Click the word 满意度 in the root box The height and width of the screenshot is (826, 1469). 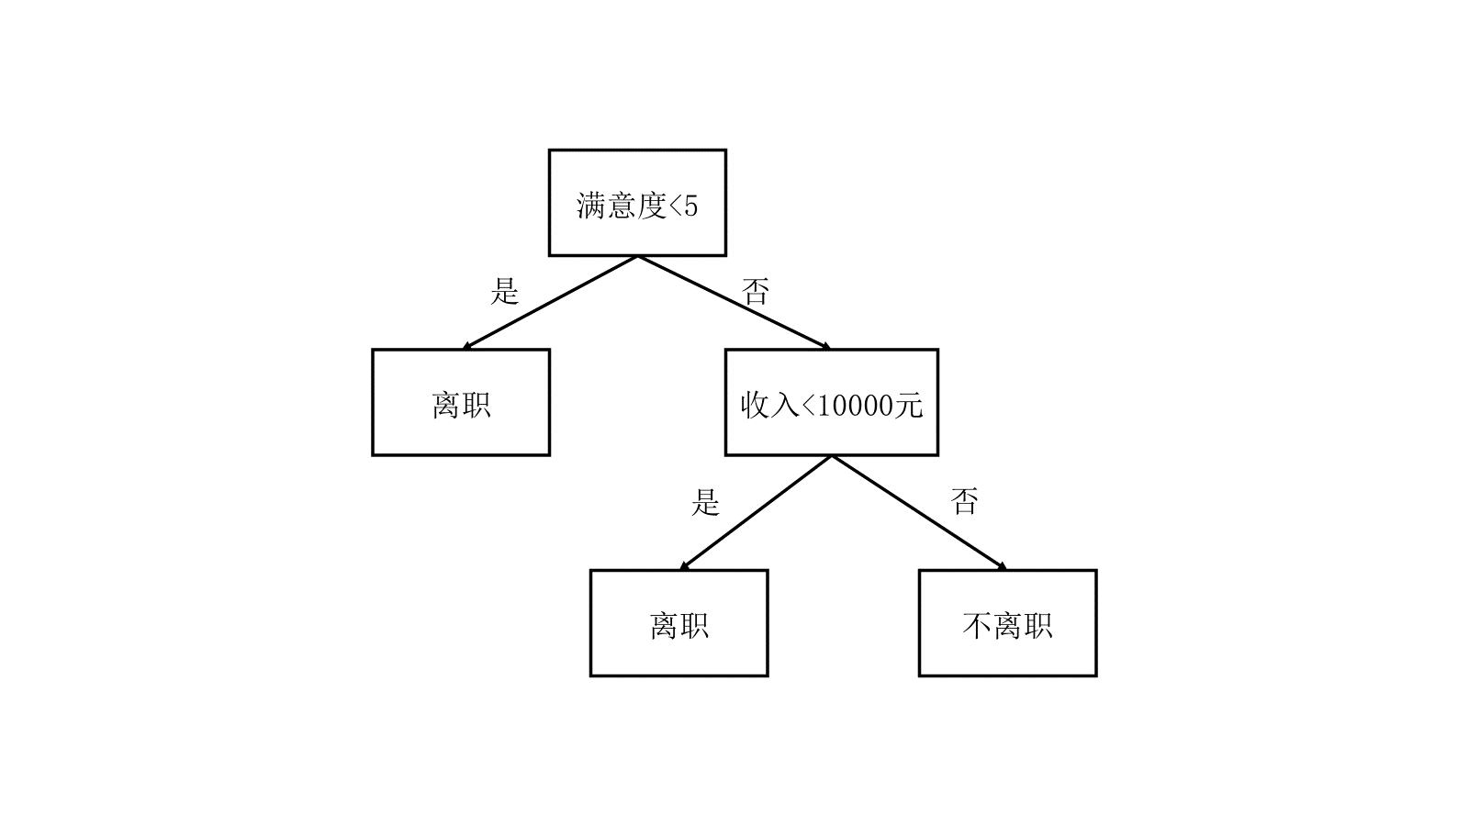point(621,206)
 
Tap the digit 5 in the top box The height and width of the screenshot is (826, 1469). point(690,206)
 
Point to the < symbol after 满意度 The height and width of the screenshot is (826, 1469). point(674,206)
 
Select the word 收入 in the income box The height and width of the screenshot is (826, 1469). point(769,404)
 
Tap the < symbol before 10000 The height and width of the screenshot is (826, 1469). point(808,405)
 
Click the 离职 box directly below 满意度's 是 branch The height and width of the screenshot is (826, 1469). point(461,402)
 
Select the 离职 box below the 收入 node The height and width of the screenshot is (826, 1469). point(678,623)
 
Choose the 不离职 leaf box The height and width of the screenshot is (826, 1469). point(1007,623)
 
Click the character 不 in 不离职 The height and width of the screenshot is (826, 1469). point(977,625)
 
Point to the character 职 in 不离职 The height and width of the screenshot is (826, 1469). point(1037,625)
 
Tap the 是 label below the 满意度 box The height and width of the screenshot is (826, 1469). point(505,291)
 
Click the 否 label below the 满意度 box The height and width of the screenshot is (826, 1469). point(756,291)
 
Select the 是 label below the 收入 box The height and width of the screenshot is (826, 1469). point(705,501)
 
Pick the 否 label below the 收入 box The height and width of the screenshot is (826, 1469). point(965,501)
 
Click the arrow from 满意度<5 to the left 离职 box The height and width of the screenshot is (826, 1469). point(551,302)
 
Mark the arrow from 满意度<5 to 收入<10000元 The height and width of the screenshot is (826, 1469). point(734,302)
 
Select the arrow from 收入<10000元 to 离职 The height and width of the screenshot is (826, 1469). point(755,513)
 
